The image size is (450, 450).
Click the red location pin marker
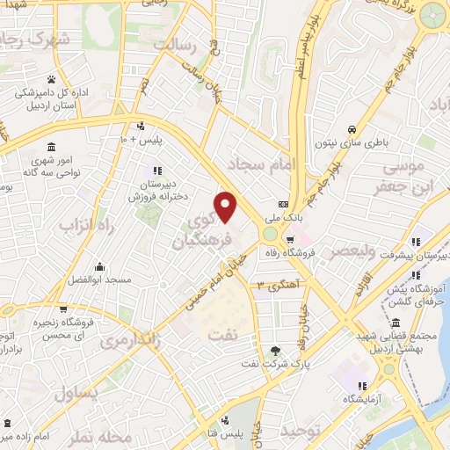pyautogui.click(x=226, y=206)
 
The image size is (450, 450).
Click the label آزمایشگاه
pyautogui.click(x=363, y=400)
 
